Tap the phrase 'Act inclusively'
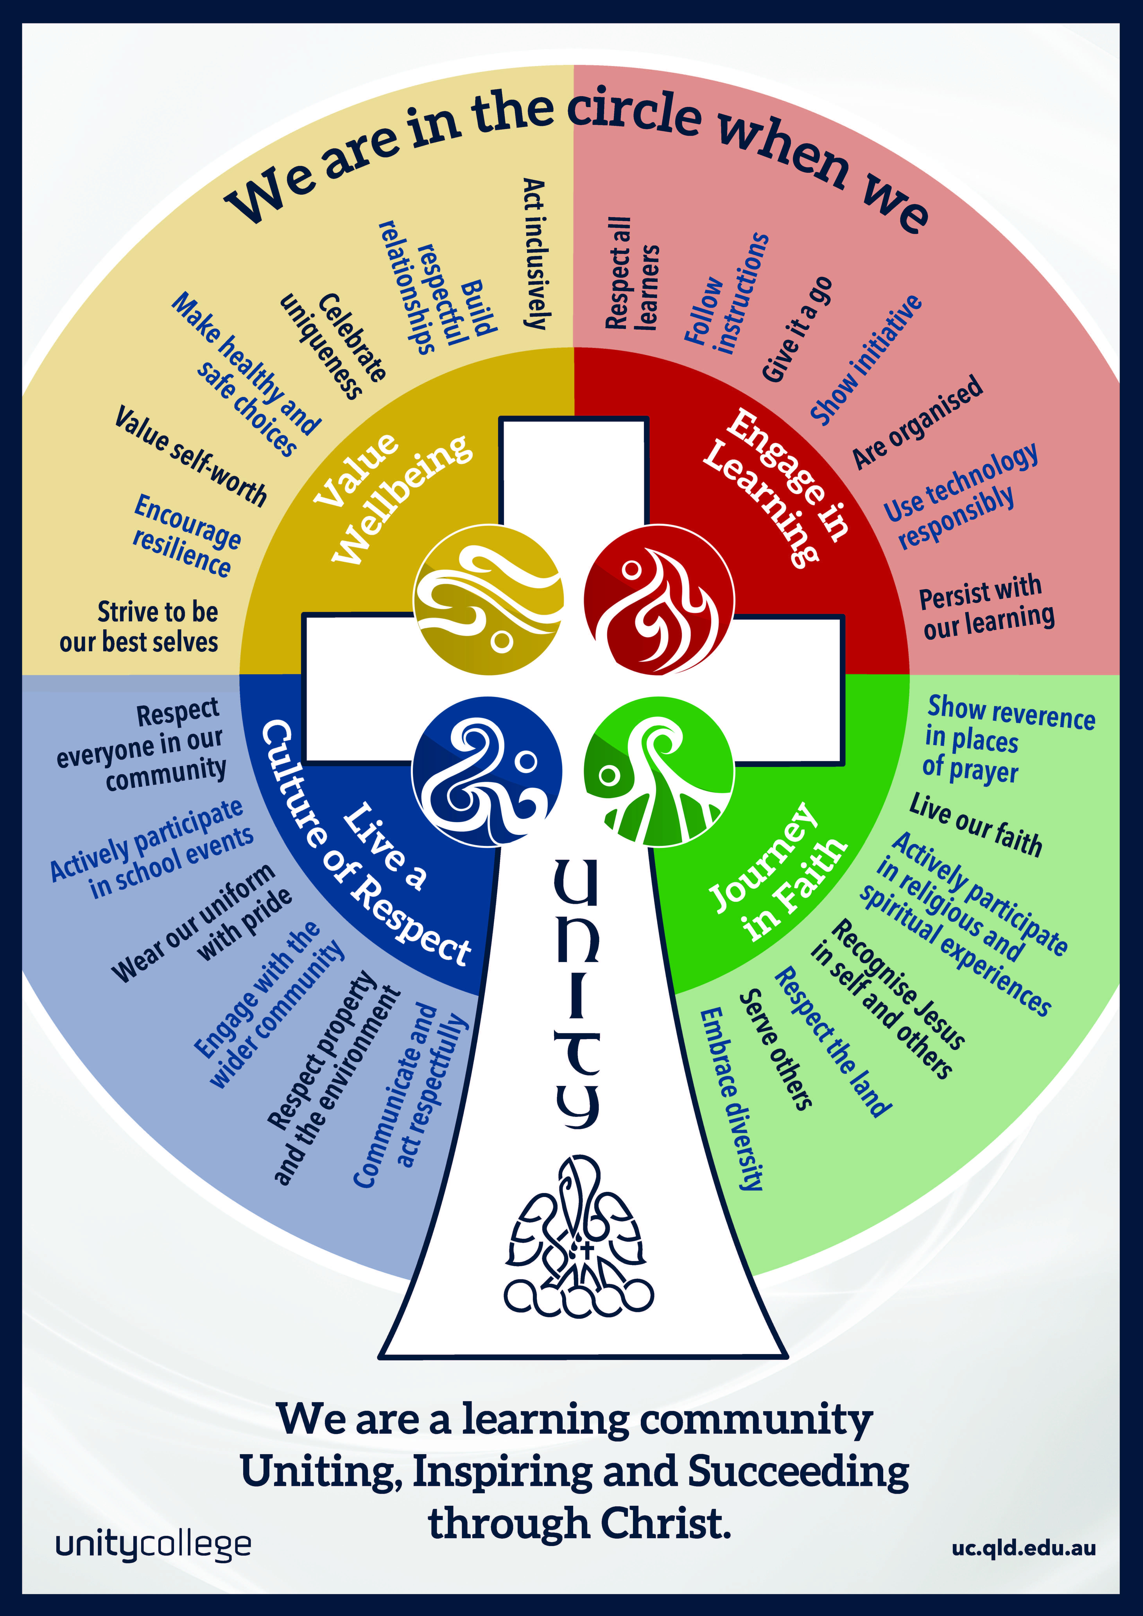pyautogui.click(x=535, y=253)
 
